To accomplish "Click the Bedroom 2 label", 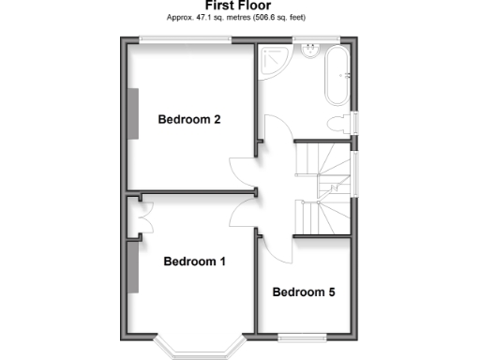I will (x=189, y=120).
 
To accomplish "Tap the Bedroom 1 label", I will (x=194, y=262).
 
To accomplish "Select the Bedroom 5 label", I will (x=304, y=292).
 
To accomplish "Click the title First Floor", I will (x=237, y=6).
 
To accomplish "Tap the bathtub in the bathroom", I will (x=337, y=76).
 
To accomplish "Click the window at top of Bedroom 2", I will (x=186, y=38).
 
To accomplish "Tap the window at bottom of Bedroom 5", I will (x=304, y=337).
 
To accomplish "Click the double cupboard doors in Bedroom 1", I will (x=141, y=221).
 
